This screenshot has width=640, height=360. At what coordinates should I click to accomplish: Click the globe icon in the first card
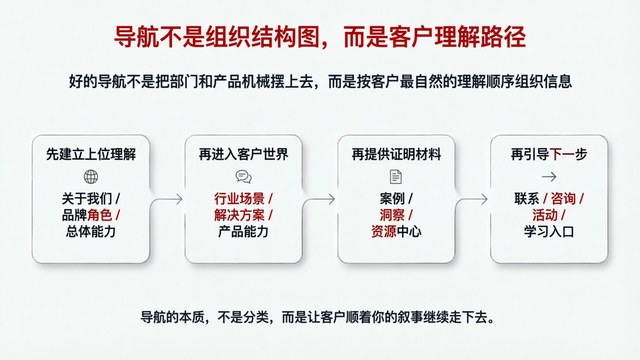[91, 177]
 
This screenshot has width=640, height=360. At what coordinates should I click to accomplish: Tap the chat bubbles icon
[243, 176]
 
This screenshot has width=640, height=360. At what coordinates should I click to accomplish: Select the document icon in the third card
[396, 177]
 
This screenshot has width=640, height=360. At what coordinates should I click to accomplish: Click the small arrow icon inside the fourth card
[549, 177]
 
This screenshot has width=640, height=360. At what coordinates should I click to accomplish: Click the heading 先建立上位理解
[91, 154]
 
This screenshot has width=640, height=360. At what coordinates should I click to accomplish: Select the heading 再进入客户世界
[243, 154]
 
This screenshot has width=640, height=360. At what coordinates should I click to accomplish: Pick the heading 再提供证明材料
[396, 154]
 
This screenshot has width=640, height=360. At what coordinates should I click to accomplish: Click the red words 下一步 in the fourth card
[568, 154]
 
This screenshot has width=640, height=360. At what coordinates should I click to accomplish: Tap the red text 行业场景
[239, 199]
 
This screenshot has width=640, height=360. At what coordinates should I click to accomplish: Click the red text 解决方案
[239, 215]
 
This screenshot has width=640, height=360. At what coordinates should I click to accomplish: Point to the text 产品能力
[243, 231]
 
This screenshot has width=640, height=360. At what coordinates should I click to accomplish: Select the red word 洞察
[392, 215]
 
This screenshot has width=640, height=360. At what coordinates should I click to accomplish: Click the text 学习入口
[549, 231]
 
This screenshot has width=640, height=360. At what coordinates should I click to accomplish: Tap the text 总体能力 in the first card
[91, 231]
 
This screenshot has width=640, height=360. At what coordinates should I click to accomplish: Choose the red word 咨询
[563, 199]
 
